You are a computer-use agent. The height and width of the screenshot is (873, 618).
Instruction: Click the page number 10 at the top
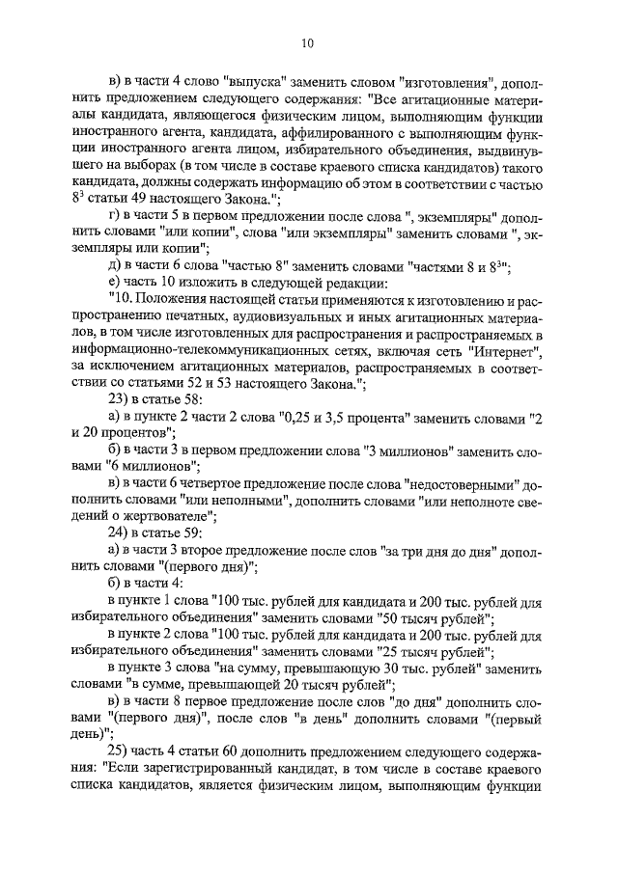(308, 42)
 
